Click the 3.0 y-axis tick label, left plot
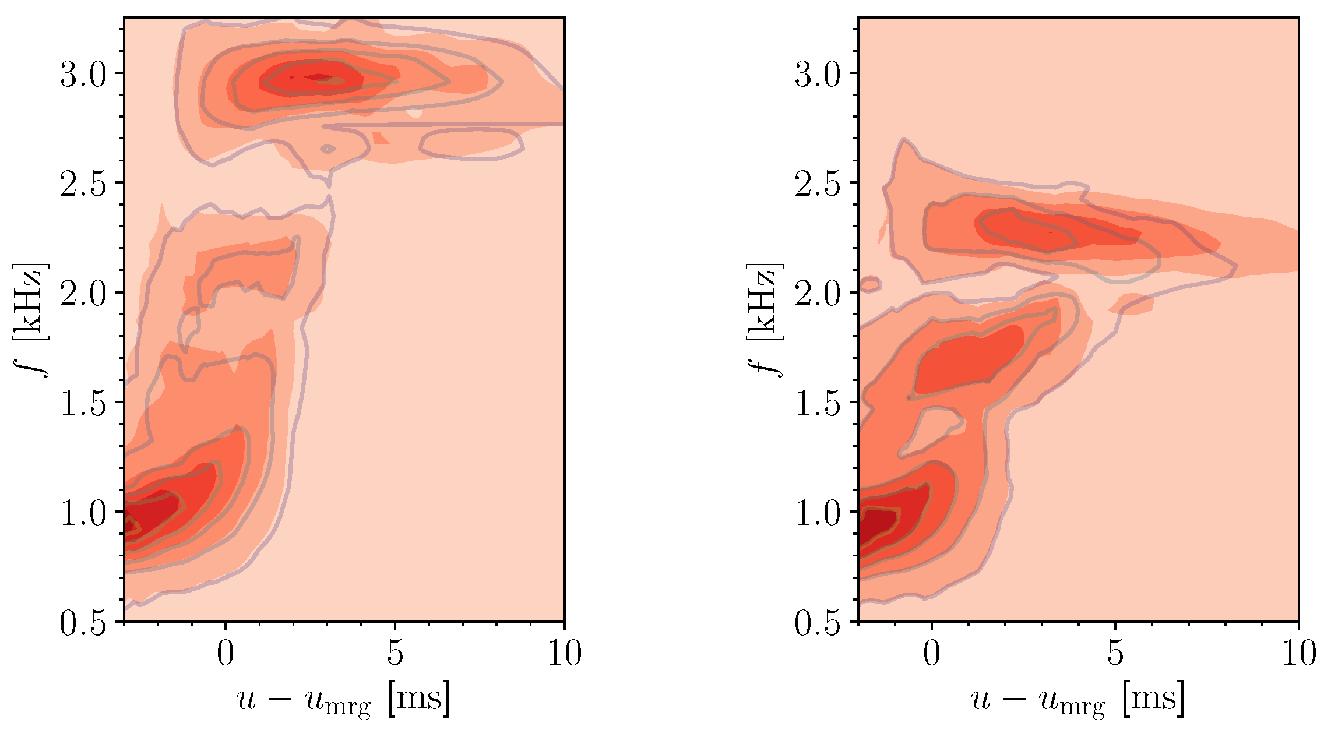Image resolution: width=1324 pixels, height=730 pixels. [x=83, y=75]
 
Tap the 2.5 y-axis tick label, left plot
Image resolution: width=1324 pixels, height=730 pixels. [x=83, y=185]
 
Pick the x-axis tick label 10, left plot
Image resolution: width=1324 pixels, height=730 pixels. [x=564, y=653]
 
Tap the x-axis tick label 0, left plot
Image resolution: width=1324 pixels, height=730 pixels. [x=226, y=653]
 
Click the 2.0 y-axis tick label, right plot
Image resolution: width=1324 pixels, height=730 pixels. [x=818, y=294]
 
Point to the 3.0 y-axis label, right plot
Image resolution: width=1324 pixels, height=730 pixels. [x=818, y=75]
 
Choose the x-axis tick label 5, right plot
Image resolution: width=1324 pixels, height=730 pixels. [x=1114, y=653]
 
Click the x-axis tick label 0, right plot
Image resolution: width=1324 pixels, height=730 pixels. [x=931, y=653]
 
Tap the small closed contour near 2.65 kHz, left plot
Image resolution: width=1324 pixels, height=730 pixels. [x=328, y=149]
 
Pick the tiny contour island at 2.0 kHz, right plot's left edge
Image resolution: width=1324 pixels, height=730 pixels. [x=869, y=284]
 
